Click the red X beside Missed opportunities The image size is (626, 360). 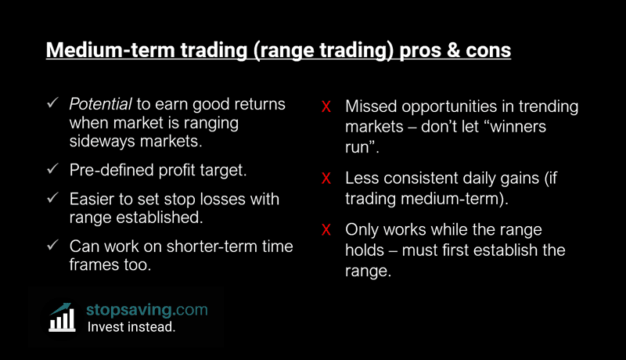[x=327, y=106]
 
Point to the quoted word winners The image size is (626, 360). [x=514, y=125]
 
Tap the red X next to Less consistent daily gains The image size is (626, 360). [x=327, y=178]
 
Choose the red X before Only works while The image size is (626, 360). [x=327, y=231]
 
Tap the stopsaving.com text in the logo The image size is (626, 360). [x=146, y=309]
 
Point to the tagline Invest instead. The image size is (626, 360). [x=131, y=327]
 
